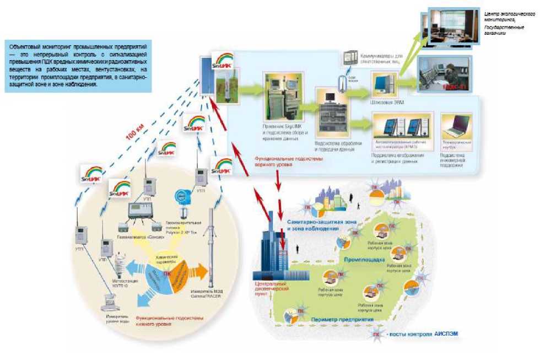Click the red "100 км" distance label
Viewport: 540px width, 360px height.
click(136, 135)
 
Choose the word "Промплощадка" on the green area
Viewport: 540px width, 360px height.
click(362, 258)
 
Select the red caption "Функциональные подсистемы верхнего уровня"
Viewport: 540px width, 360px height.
click(288, 160)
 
